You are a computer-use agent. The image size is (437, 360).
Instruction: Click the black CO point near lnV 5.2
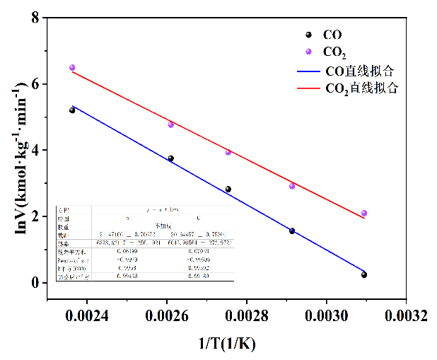72,110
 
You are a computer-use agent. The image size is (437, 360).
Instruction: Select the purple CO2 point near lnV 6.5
72,68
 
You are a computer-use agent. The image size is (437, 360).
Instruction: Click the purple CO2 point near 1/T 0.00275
228,152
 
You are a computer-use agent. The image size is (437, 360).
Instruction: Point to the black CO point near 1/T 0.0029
292,231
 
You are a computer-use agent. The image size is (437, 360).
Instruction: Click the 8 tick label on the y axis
35,17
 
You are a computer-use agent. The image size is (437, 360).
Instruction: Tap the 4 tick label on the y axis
35,150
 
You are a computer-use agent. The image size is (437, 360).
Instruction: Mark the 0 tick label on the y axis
35,283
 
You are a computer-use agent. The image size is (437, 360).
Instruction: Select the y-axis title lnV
13,156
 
